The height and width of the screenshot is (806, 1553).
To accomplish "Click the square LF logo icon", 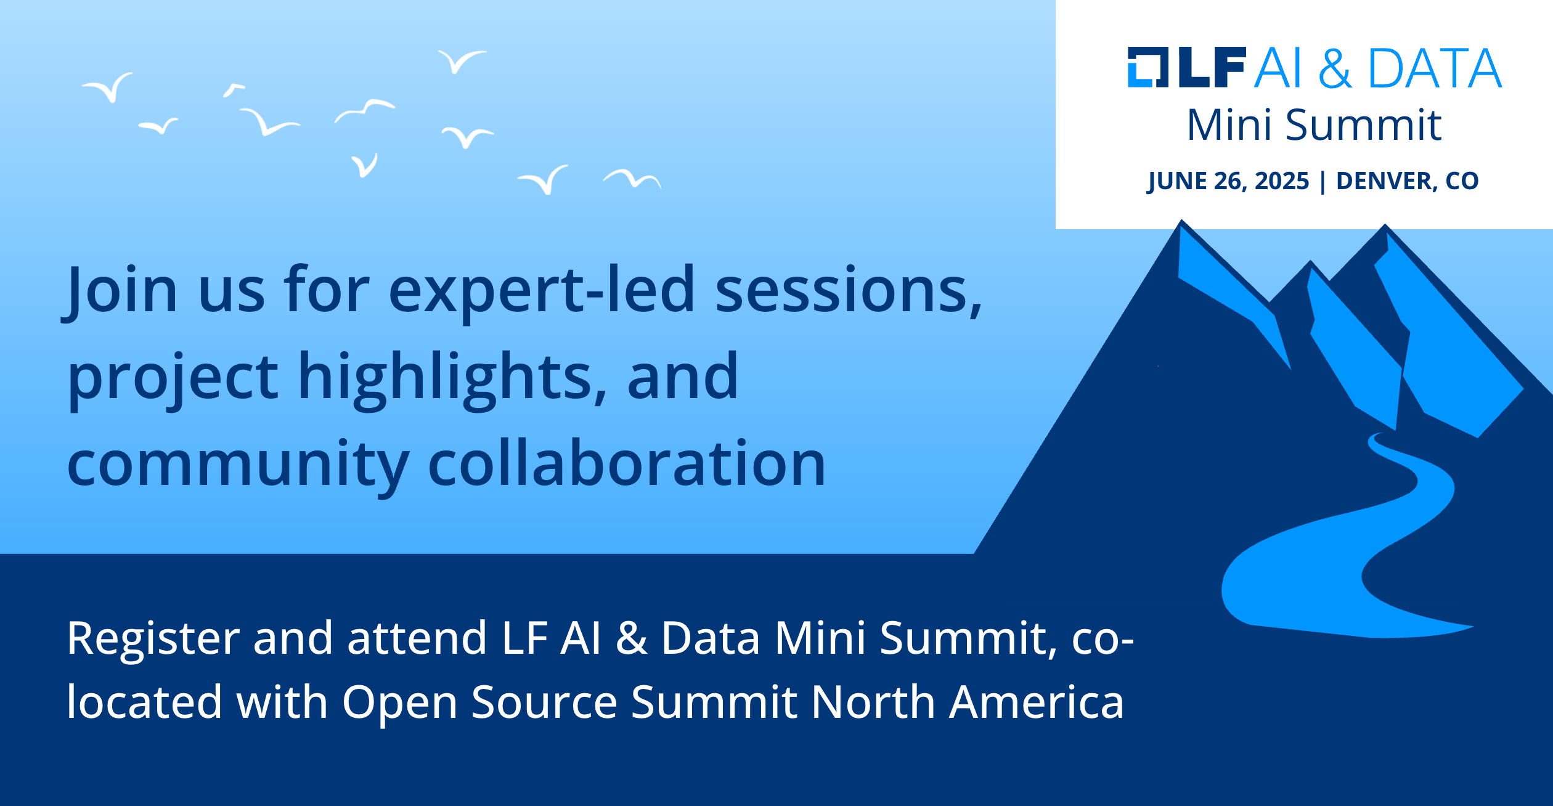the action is (x=1148, y=67).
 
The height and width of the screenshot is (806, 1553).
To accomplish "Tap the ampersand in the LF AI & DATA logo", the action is (x=1335, y=68).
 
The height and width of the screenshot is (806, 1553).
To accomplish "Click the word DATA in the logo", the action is (x=1435, y=68).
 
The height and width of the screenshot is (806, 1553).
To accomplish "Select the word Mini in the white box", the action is (x=1231, y=125).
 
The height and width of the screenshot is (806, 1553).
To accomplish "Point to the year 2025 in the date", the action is (x=1282, y=181).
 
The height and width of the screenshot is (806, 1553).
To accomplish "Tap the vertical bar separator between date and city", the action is (x=1323, y=181).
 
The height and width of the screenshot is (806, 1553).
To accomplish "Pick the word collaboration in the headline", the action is (x=627, y=463).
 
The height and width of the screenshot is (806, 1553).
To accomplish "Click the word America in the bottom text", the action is (x=1037, y=702).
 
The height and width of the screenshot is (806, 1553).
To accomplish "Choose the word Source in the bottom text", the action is (x=544, y=702).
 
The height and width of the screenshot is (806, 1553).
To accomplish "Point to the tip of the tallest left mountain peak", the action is (x=1181, y=220).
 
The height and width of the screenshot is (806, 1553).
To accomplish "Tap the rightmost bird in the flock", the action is (x=632, y=179).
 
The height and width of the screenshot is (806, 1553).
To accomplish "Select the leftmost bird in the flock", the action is (x=108, y=88).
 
